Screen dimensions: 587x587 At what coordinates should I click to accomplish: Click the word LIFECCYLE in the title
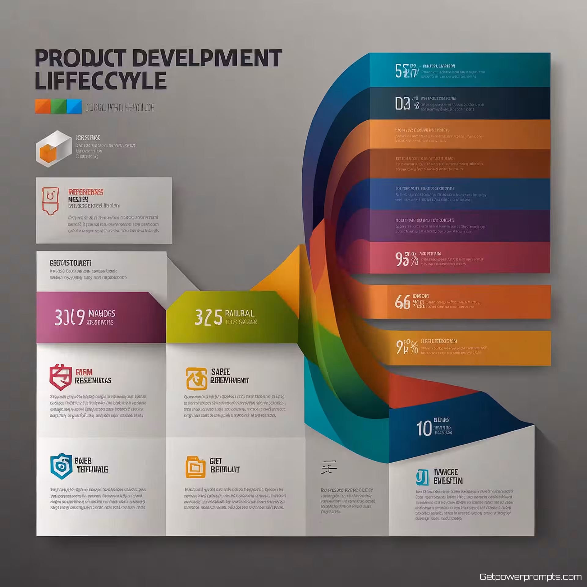coord(101,80)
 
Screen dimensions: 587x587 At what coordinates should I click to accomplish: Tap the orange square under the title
coord(42,106)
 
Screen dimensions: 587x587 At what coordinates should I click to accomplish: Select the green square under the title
coord(58,106)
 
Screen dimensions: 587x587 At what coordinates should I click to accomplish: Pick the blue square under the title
coord(74,106)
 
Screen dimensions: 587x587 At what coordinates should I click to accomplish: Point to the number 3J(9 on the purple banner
coord(69,318)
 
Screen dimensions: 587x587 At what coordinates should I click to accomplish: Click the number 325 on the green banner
coord(208,318)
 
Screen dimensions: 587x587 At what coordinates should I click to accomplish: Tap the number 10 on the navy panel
coord(424,428)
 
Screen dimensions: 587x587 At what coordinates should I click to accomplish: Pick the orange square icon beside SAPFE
coord(196,379)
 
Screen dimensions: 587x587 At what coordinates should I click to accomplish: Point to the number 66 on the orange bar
coord(402,302)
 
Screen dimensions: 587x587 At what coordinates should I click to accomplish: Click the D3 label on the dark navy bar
coord(402,104)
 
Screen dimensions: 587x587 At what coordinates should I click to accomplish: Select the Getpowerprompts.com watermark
coord(530,577)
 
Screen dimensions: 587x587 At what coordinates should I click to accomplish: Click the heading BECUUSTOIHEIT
coord(71,263)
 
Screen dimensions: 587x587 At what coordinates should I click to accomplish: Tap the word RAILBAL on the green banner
coord(239,313)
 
